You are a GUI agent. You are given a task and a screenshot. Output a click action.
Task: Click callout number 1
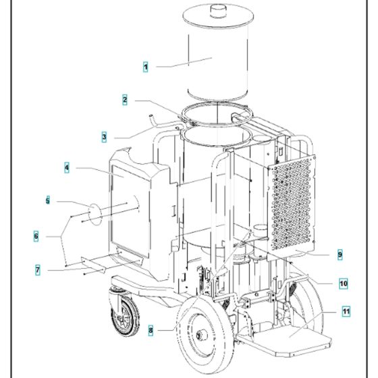[x=145, y=67]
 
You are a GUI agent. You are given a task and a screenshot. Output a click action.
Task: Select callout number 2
[x=125, y=100]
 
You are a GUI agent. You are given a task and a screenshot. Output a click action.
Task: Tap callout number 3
[x=104, y=137]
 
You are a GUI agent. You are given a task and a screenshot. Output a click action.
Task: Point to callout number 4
[x=67, y=168]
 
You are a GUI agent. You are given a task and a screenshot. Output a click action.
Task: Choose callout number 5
[x=48, y=200]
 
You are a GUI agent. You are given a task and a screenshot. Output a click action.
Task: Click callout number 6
[x=36, y=236]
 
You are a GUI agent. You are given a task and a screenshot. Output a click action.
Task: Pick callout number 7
[x=38, y=270]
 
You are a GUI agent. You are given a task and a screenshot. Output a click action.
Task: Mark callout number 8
[x=151, y=330]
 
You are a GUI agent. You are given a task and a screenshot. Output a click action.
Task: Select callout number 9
[x=340, y=254]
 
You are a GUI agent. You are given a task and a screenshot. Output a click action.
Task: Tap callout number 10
[x=344, y=283]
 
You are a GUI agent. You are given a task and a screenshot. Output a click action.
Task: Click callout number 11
[x=346, y=312]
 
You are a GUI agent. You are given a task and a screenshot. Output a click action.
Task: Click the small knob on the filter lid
[x=219, y=11]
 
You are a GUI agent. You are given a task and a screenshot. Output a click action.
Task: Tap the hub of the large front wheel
[x=202, y=335]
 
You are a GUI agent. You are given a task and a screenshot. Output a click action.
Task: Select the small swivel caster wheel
[x=125, y=317]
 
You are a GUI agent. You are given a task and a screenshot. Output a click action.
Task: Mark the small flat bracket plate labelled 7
[x=94, y=265]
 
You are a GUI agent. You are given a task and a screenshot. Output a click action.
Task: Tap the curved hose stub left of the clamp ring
[x=153, y=120]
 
